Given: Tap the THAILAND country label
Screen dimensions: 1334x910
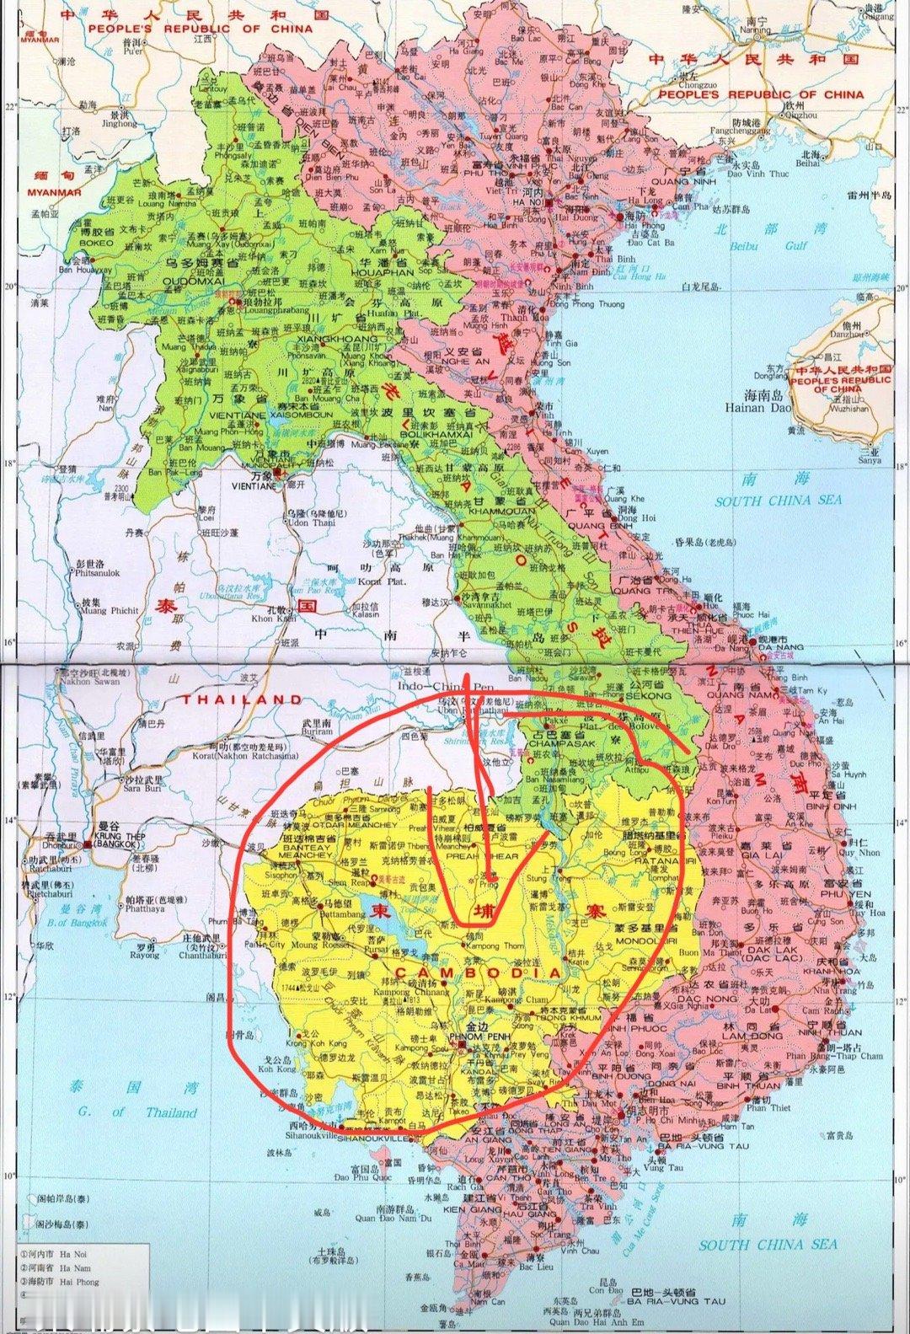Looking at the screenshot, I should (239, 699).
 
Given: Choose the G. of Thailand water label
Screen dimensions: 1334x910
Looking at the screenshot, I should (138, 1112).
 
